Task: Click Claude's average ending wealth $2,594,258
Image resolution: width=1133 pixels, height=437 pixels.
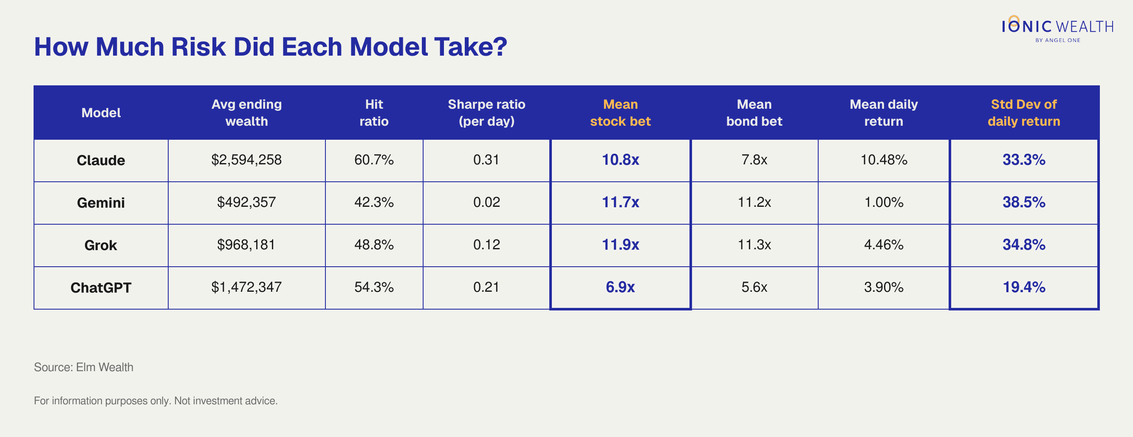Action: point(246,160)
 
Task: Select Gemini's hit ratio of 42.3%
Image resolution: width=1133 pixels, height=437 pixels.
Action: point(374,202)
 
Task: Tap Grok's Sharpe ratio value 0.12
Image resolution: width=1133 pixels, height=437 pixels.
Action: point(486,245)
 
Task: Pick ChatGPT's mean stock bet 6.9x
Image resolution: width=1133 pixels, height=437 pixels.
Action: point(620,287)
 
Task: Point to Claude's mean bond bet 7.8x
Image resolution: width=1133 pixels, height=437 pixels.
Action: point(754,160)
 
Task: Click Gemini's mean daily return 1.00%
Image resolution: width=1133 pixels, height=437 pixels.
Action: point(884,202)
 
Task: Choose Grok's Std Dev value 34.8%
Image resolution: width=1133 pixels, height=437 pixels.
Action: point(1024,245)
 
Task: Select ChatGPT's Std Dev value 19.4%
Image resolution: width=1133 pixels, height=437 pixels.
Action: point(1024,287)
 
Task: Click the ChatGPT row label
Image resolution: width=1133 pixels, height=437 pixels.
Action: point(101,288)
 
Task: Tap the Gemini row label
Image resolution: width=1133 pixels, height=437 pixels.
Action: point(101,203)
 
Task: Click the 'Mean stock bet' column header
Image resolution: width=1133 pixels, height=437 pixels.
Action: point(620,113)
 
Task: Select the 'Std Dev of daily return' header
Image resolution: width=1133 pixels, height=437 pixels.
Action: point(1024,113)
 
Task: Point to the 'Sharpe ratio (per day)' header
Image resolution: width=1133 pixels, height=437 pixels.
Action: point(486,113)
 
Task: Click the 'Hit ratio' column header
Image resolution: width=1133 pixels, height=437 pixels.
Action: point(374,113)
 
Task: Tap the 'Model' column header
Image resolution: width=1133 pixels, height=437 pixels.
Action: point(101,113)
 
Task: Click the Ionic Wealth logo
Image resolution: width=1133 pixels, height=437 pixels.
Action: point(1058,28)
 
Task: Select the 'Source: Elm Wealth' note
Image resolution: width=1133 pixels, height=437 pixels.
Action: point(84,367)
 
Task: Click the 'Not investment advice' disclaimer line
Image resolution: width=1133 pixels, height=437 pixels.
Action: point(156,400)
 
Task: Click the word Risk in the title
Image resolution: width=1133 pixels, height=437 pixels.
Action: point(198,47)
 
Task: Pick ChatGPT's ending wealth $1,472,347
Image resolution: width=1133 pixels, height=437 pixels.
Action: point(246,287)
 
